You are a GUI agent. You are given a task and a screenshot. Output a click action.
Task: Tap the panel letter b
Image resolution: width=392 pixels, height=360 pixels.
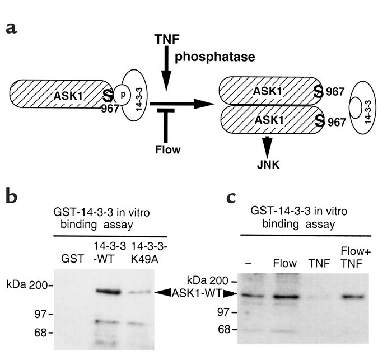pos(15,197)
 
